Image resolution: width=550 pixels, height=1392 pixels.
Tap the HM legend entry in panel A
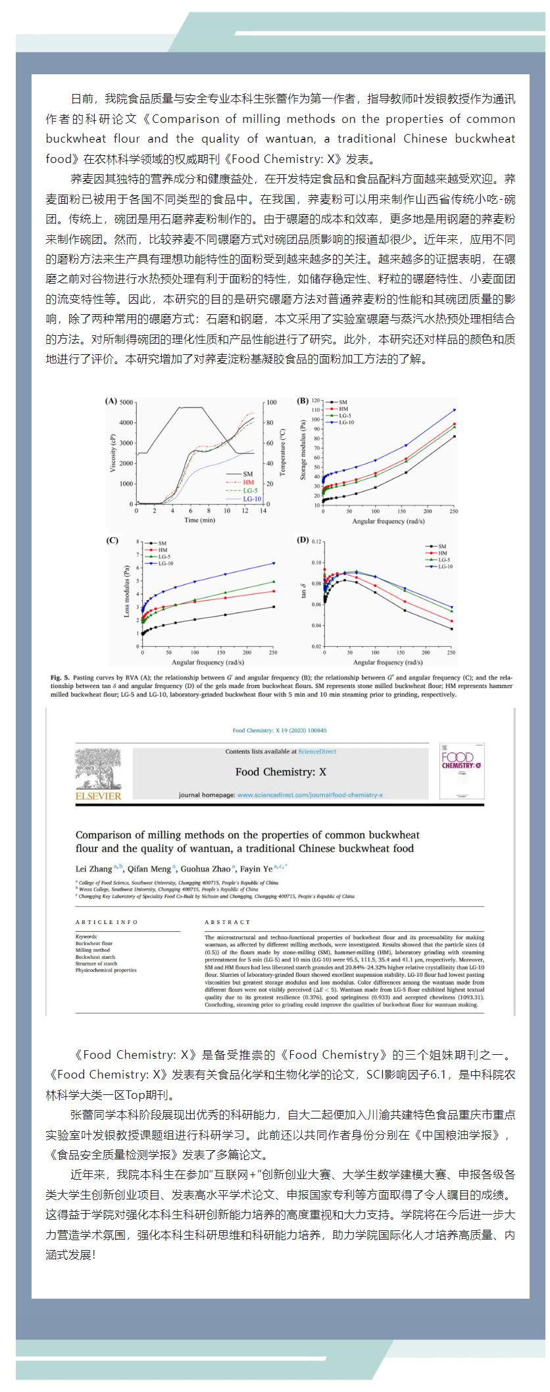pos(248,482)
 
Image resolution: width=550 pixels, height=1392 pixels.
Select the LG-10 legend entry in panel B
pos(346,423)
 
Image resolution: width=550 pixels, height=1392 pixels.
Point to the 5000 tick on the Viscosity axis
pos(126,402)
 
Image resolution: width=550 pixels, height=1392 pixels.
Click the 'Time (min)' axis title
pos(199,520)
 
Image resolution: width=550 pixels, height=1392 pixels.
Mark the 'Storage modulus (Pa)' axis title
pos(303,450)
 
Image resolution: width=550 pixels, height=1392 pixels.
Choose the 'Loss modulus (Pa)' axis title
pos(127,591)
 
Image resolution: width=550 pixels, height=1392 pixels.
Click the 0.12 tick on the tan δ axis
pos(316,542)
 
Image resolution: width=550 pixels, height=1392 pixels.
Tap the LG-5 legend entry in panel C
pos(164,557)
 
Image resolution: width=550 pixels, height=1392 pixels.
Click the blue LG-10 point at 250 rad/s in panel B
pos(454,410)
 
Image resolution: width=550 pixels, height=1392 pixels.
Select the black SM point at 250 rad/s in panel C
pos(274,607)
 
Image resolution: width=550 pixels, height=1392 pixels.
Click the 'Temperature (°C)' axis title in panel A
pos(283,452)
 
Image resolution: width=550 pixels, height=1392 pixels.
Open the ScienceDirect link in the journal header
pos(317,751)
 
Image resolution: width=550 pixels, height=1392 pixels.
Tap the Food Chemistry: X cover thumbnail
pos(461,771)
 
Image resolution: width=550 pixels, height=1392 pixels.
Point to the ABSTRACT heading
pos(227,922)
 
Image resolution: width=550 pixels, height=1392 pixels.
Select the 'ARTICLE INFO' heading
pos(107,922)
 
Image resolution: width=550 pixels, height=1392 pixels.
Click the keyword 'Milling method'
pos(93,950)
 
